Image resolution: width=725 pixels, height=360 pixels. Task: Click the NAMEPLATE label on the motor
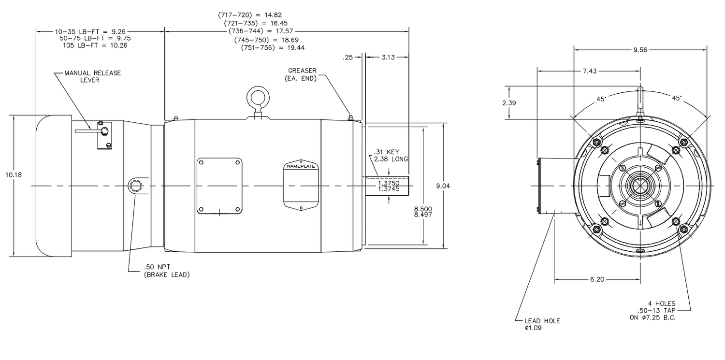tap(301, 166)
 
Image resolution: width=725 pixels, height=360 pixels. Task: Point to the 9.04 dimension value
tap(443, 186)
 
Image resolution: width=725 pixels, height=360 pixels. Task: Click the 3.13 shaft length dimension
tap(388, 57)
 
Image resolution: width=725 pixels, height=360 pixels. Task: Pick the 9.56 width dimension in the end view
tap(640, 49)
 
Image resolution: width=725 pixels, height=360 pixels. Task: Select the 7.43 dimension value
tap(589, 71)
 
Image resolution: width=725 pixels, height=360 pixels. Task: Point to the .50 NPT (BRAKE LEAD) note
tap(167, 271)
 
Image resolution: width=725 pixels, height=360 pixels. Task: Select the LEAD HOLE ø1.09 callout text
tap(542, 324)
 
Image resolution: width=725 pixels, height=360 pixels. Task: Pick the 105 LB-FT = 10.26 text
tap(95, 45)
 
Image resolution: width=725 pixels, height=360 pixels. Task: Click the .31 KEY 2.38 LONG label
tap(391, 155)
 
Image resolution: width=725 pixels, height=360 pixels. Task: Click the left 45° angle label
tap(601, 99)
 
